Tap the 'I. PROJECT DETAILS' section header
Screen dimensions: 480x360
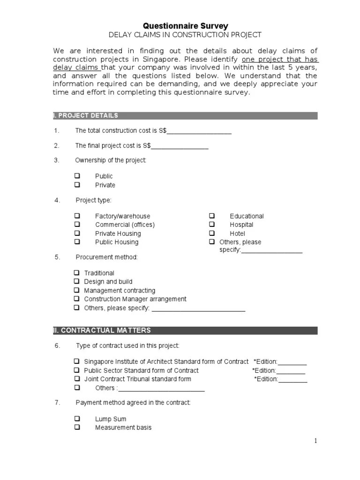click(87, 115)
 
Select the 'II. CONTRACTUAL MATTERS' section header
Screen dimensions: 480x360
click(103, 330)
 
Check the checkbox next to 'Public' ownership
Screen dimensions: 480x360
click(77, 176)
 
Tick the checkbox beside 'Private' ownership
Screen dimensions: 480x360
click(77, 185)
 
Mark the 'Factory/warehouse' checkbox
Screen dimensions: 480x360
click(77, 216)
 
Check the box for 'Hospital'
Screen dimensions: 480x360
click(212, 225)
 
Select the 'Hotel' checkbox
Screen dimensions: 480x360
click(212, 233)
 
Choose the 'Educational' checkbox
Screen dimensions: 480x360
click(212, 216)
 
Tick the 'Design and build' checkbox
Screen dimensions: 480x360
click(76, 281)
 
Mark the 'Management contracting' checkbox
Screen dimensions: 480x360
click(76, 290)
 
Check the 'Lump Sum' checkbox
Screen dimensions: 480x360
click(77, 419)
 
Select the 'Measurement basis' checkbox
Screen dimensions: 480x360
click(77, 427)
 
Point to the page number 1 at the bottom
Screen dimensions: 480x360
click(316, 441)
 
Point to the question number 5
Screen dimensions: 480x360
click(57, 257)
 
